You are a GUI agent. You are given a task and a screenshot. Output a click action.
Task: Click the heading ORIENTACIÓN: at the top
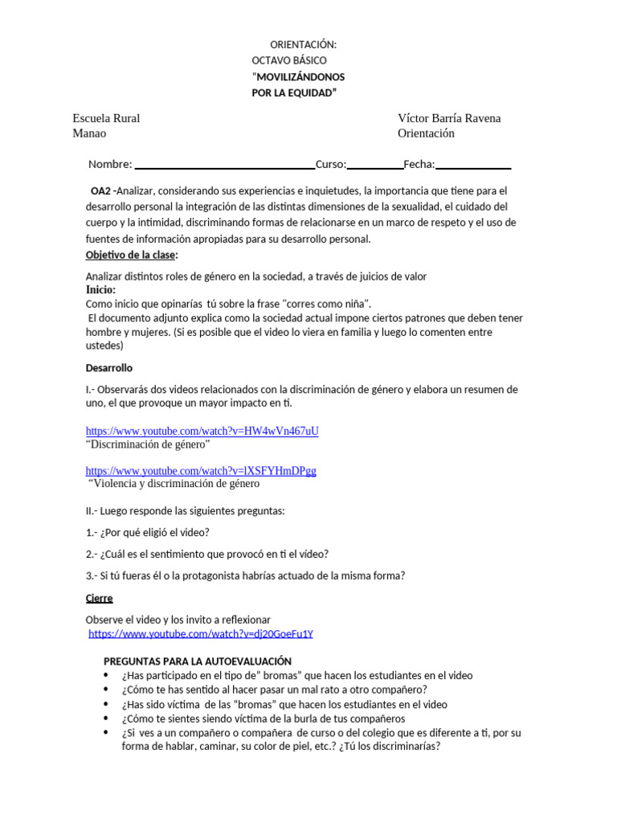point(303,44)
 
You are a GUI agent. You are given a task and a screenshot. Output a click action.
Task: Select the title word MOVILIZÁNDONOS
point(300,77)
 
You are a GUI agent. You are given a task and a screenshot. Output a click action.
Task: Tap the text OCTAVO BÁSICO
point(289,60)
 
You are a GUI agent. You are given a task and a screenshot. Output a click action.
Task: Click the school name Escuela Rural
point(106,118)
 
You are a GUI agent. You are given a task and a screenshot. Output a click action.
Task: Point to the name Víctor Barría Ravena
point(449,118)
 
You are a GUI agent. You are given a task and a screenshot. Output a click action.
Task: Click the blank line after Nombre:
point(224,166)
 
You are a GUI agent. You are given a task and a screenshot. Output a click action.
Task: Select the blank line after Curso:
point(374,166)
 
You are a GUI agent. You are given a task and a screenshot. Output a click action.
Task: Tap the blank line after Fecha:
point(473,166)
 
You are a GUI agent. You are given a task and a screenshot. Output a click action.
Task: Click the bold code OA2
point(102,191)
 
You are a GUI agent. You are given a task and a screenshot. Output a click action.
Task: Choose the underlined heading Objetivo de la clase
point(131,255)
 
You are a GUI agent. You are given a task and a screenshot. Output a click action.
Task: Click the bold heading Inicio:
point(100,289)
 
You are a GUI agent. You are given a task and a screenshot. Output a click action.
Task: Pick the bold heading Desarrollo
point(109,367)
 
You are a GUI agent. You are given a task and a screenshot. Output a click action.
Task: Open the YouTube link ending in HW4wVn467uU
point(202,431)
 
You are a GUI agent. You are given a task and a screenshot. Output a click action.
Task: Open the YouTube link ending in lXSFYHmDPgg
point(201,470)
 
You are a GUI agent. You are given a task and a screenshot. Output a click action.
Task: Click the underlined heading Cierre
point(99,598)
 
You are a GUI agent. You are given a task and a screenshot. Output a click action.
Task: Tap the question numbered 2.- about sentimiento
point(207,554)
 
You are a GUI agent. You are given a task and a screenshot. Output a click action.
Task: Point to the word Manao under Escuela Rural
point(89,133)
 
